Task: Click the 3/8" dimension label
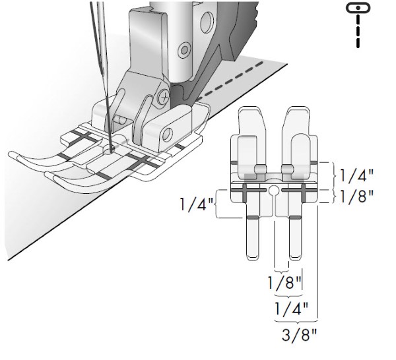tap(299, 335)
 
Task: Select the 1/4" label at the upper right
tap(356, 175)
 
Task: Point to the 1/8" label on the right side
tap(356, 196)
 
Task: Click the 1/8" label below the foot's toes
tap(284, 283)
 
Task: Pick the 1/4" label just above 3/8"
tap(291, 309)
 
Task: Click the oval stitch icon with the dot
tap(358, 7)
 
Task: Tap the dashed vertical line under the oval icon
tap(358, 31)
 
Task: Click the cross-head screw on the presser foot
tap(164, 96)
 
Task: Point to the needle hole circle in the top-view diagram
tap(274, 190)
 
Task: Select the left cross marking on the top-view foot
tap(244, 193)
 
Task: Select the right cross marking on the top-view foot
tap(303, 193)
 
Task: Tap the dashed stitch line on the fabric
tap(230, 80)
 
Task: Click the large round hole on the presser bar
tap(207, 22)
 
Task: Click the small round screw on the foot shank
tap(184, 49)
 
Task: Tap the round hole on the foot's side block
tap(168, 135)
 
